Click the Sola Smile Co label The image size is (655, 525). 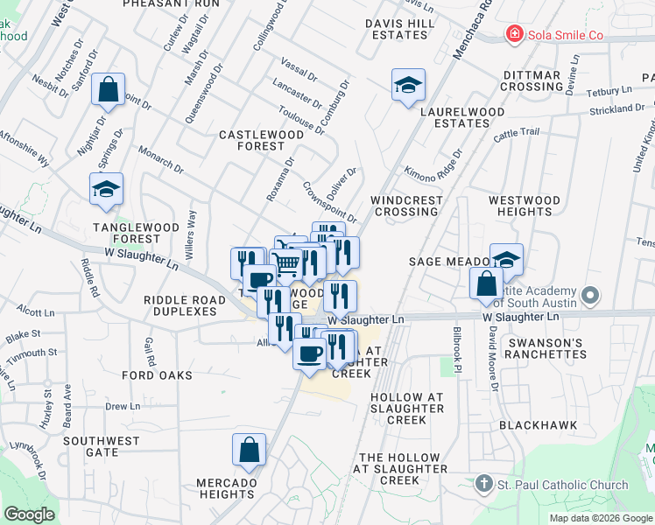coord(566,35)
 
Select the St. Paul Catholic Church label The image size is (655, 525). coord(560,485)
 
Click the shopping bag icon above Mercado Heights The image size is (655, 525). coord(249,449)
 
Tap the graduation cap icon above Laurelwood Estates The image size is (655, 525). coord(408,86)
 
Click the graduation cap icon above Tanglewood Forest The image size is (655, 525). coord(106,189)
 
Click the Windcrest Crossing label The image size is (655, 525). coord(406,206)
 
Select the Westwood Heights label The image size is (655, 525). coord(524,206)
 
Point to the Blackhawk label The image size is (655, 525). coord(537,424)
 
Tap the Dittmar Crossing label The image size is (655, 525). coord(532,81)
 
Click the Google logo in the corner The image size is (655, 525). coord(29,514)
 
